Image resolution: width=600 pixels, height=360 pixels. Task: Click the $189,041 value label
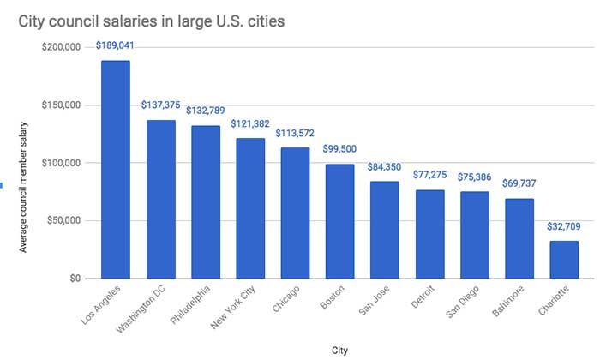point(116,45)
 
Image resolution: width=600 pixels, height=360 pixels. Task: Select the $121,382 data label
point(250,124)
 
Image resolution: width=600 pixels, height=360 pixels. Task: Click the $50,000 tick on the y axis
point(63,221)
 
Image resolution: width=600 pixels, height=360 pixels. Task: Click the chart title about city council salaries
point(153,20)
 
